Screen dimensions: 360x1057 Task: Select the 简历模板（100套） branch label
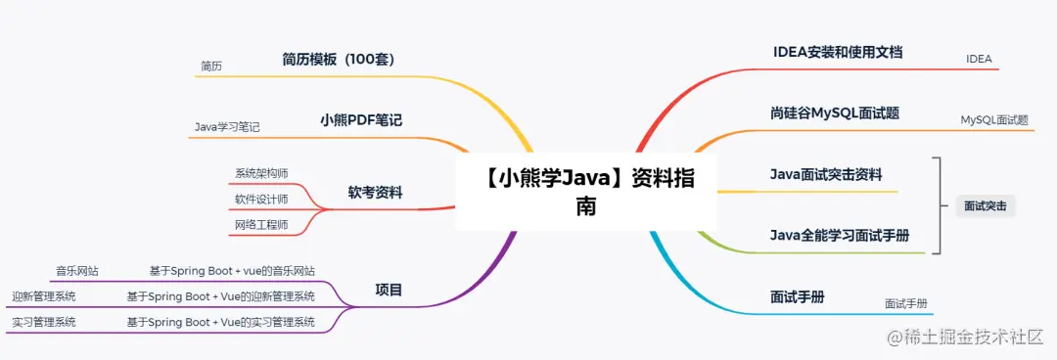click(338, 60)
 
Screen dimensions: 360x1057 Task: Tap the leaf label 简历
click(211, 67)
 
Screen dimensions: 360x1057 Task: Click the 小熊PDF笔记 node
click(361, 120)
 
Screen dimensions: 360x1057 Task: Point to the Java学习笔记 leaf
click(227, 127)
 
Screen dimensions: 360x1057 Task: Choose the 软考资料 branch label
click(375, 193)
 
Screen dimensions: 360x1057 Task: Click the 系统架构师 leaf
click(261, 173)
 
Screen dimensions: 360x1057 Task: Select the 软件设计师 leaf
click(261, 200)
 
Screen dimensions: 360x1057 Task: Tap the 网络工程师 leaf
click(261, 226)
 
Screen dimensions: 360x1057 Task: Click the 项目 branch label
click(389, 290)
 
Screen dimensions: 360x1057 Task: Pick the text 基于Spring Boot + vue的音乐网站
click(232, 270)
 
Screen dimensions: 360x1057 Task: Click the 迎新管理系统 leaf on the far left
click(44, 296)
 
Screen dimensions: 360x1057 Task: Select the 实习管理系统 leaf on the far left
click(44, 322)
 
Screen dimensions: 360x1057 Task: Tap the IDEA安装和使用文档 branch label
click(838, 52)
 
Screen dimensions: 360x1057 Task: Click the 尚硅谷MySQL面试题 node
click(835, 113)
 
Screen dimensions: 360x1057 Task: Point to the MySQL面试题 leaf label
click(994, 120)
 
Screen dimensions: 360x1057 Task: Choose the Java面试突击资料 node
click(826, 175)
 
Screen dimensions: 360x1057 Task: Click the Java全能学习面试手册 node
click(840, 236)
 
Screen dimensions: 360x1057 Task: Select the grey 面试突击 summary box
click(985, 206)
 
